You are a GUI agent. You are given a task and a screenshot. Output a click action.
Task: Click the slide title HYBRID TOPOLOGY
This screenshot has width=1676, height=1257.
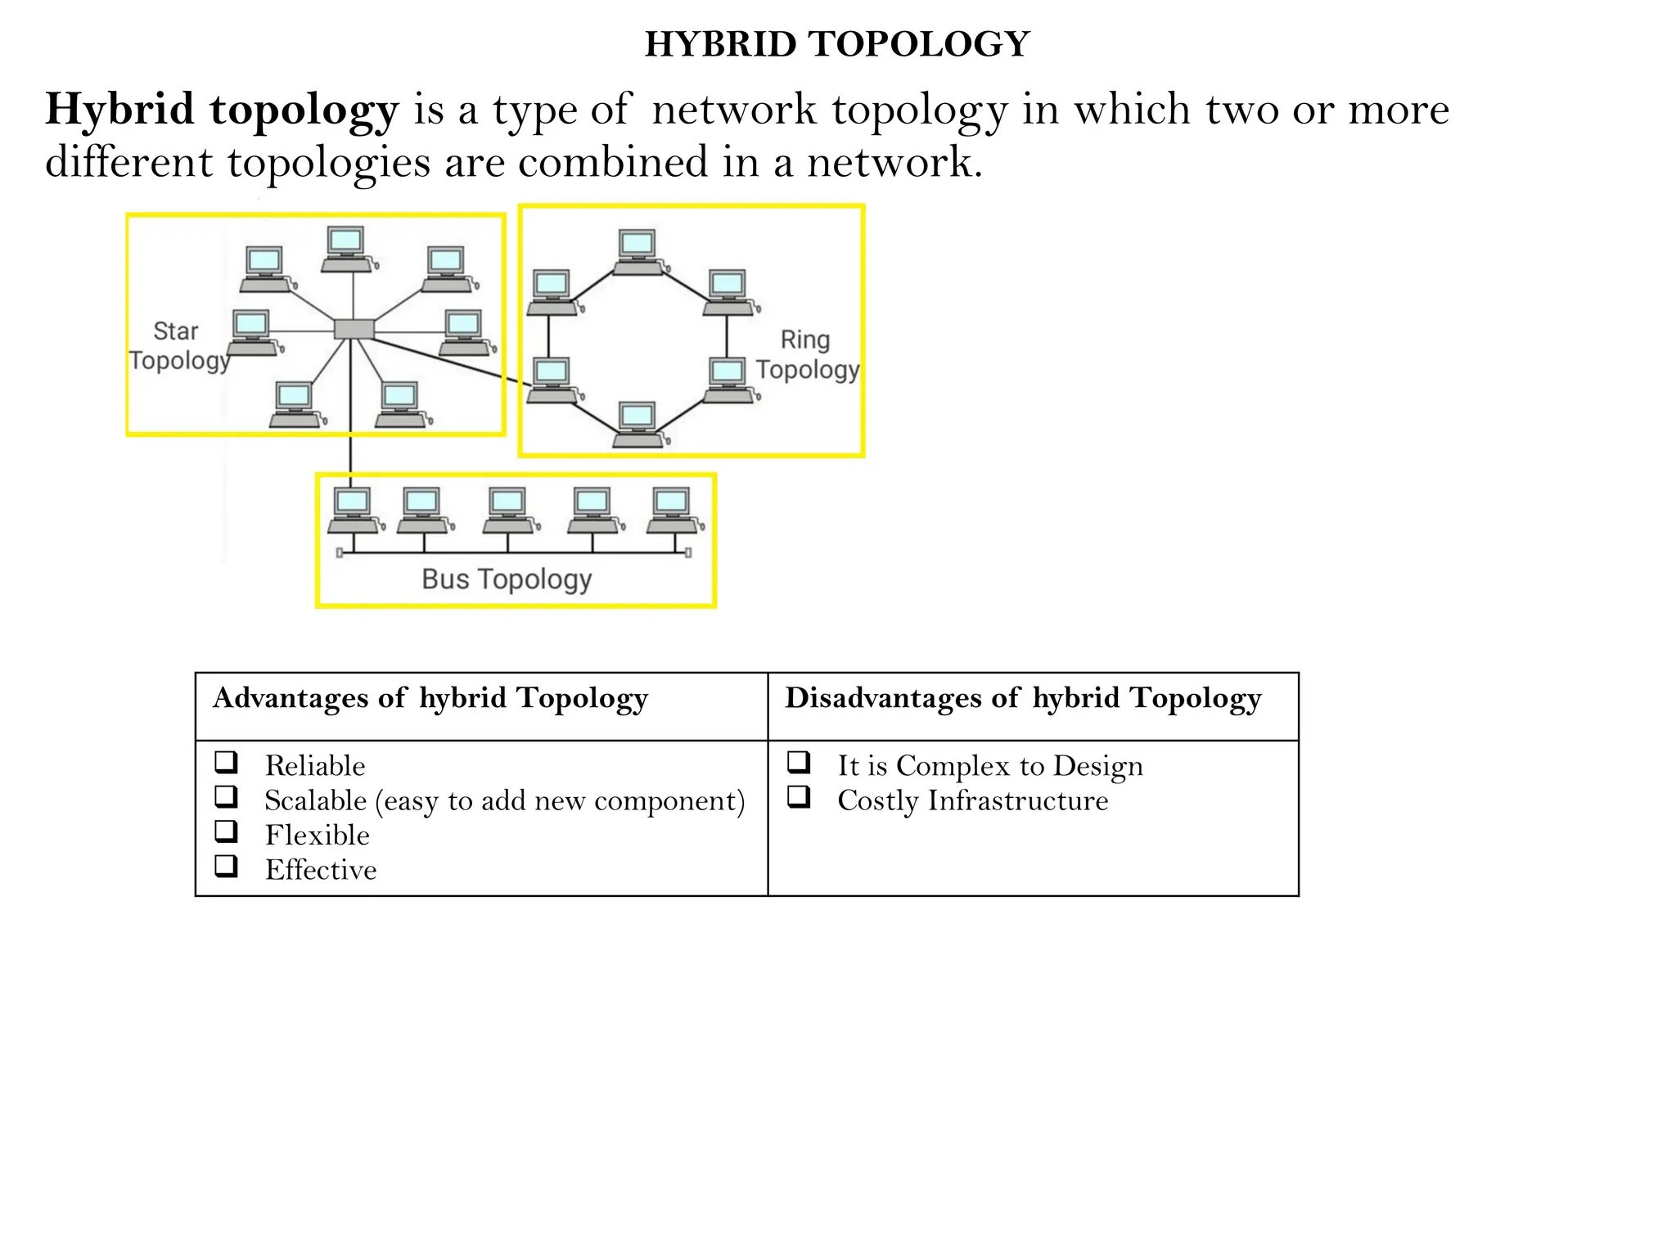point(836,44)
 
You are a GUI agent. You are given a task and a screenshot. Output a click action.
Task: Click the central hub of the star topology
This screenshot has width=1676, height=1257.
point(354,329)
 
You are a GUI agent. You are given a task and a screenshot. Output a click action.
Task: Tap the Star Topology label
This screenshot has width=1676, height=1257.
point(178,345)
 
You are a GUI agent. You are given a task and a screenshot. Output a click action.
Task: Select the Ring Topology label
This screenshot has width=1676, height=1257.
point(807,354)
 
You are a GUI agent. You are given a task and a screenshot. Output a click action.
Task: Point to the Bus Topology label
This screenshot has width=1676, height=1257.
point(507,579)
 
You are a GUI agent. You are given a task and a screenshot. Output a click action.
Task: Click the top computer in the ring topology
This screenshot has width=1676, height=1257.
point(638,250)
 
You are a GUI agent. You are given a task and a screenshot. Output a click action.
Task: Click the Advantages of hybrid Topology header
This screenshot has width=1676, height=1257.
point(430,698)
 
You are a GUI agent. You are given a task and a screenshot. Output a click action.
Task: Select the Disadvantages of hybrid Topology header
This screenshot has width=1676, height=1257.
point(1023,698)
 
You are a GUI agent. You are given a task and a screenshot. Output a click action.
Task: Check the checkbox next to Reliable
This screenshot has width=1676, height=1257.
point(227,763)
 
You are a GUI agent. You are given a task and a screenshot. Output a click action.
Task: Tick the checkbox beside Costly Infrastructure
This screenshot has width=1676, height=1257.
point(799,797)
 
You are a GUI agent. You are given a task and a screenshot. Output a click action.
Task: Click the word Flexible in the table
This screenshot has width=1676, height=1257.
point(317,835)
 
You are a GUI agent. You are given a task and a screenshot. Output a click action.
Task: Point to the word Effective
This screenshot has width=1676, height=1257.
point(321,870)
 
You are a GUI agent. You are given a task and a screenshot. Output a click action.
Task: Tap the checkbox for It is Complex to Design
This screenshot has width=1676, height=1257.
point(799,763)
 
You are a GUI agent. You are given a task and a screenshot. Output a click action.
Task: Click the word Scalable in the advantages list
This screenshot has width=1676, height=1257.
point(315,800)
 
